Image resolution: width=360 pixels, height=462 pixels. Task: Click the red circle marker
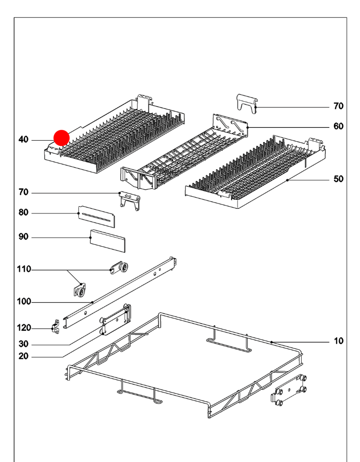tap(61, 137)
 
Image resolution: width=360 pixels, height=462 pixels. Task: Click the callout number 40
tap(23, 140)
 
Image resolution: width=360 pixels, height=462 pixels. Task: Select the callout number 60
tap(338, 126)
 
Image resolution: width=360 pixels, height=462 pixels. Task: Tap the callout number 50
tap(338, 179)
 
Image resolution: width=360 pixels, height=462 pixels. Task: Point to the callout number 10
tap(338, 341)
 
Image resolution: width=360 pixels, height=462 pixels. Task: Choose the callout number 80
tap(23, 212)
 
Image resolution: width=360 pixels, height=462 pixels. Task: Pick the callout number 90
tap(23, 237)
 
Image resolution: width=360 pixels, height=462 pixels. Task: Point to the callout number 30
tap(23, 344)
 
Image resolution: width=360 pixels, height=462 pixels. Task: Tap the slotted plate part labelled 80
tap(97, 216)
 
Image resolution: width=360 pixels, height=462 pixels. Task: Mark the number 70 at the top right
tap(338, 106)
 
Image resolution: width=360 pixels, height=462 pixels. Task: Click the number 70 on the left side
tap(23, 192)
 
